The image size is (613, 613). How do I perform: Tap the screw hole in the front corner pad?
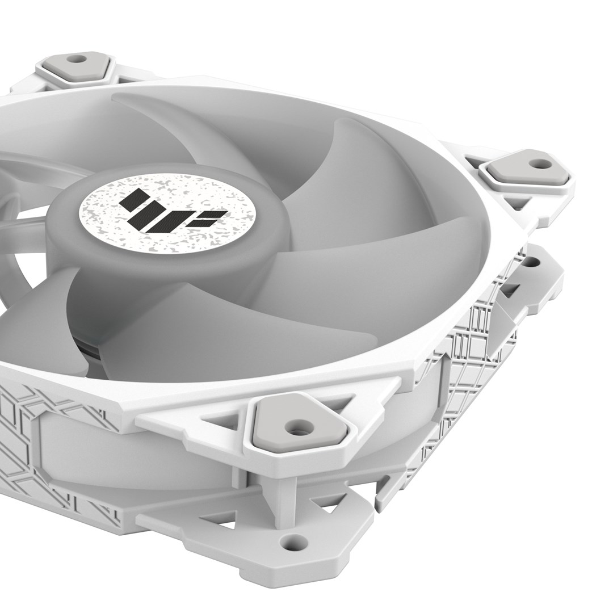(296, 428)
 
